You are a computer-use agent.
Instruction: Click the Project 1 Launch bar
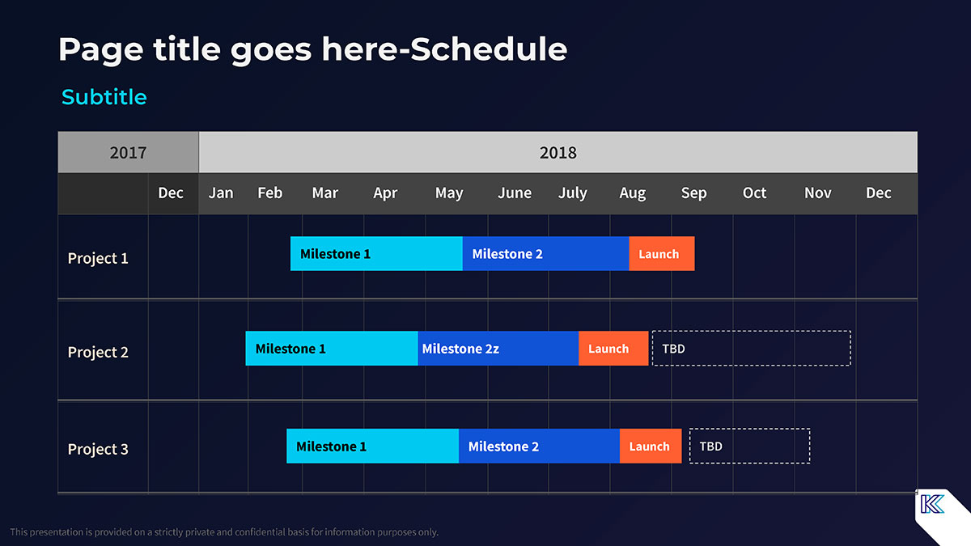click(x=662, y=253)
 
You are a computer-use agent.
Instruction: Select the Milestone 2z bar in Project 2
click(x=498, y=349)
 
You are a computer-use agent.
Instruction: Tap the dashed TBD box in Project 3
click(x=749, y=446)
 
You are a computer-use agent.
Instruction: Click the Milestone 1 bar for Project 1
click(x=376, y=253)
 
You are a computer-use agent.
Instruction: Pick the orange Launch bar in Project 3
click(x=651, y=446)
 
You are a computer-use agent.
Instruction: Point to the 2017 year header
click(x=129, y=152)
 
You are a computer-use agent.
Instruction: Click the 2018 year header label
click(x=558, y=153)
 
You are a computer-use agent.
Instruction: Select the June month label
click(x=515, y=193)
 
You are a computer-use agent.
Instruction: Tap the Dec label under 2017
click(x=171, y=193)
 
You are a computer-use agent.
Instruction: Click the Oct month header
click(x=754, y=193)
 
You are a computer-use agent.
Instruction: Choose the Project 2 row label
click(x=98, y=352)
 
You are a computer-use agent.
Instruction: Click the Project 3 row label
click(x=98, y=449)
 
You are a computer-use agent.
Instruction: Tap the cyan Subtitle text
click(x=104, y=96)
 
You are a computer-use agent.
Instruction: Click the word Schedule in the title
click(x=489, y=49)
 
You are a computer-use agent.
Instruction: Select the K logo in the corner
click(x=932, y=504)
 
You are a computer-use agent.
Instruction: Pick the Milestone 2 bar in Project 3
click(x=539, y=446)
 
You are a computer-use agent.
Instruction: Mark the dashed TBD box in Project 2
click(x=751, y=348)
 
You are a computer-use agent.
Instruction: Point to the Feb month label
click(x=269, y=193)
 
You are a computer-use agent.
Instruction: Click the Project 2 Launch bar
click(x=613, y=349)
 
